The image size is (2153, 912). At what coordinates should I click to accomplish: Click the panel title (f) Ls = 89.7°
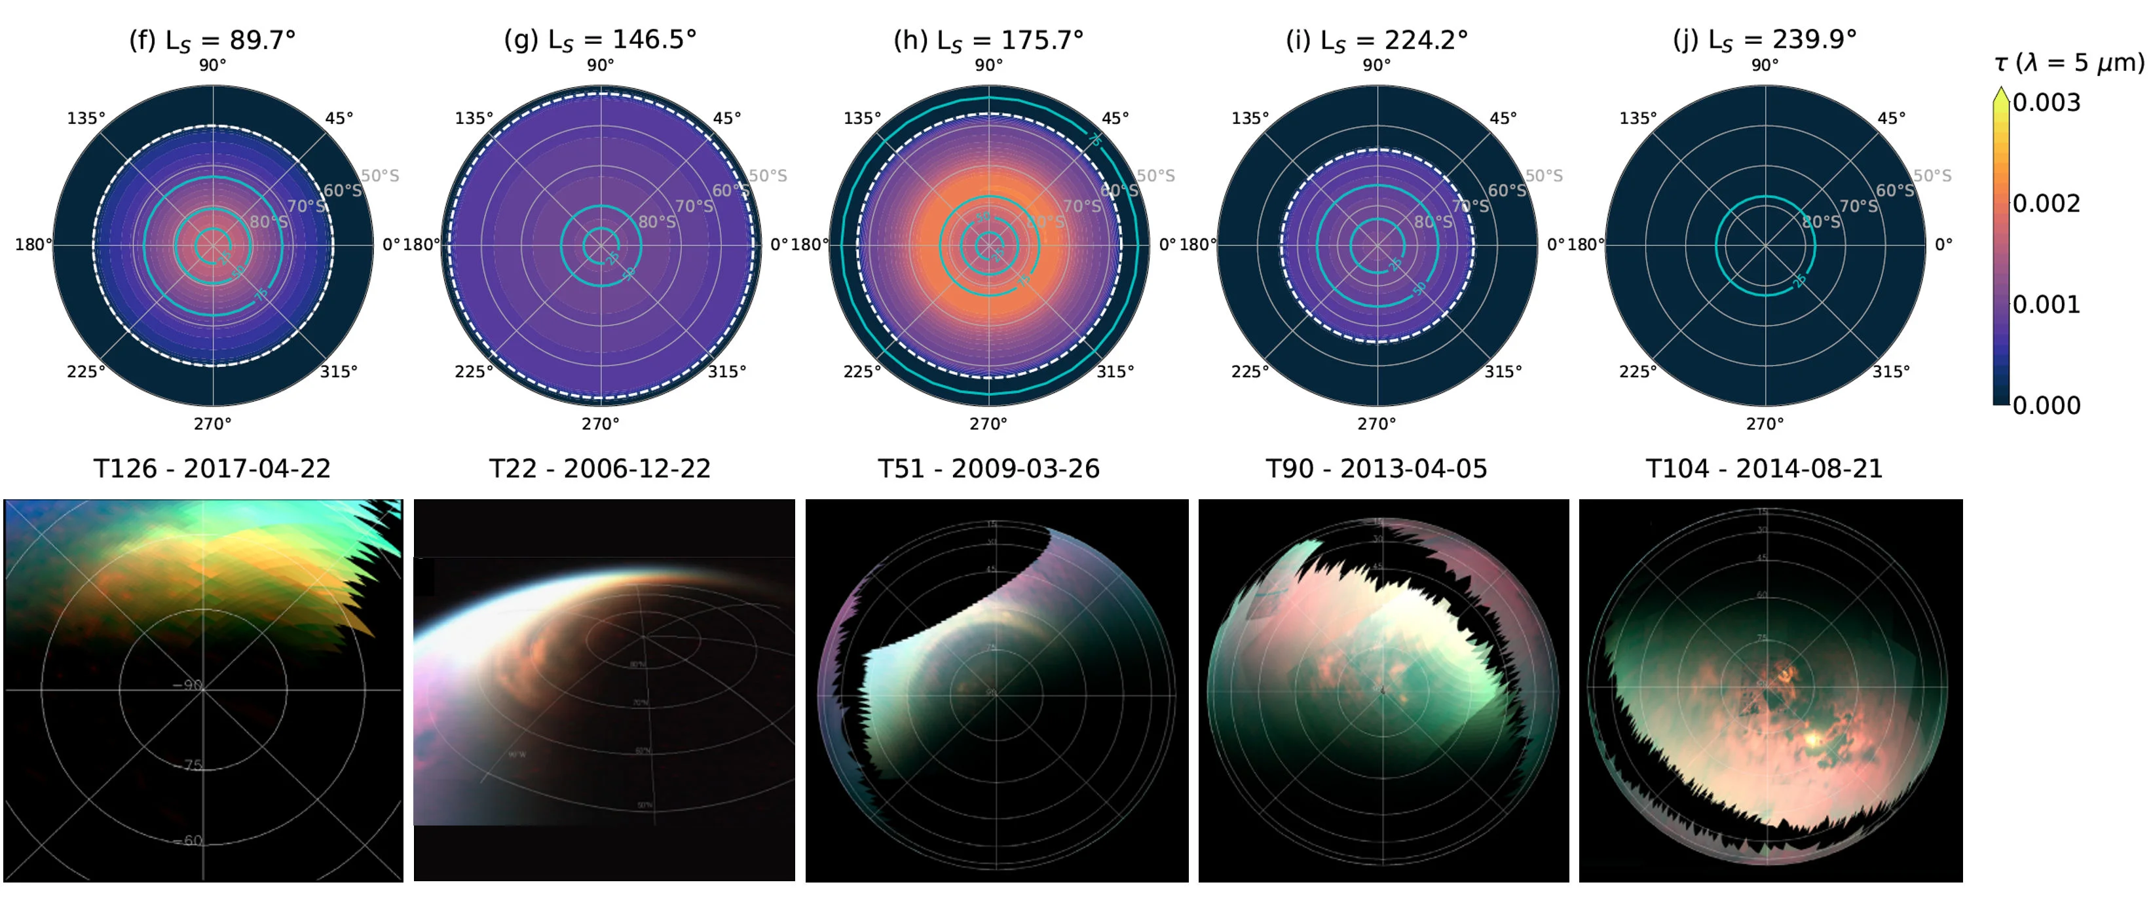click(212, 39)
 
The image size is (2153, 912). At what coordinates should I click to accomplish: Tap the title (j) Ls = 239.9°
click(1765, 39)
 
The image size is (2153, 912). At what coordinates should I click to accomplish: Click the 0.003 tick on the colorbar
click(2046, 103)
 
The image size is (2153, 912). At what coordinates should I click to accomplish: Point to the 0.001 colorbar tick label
click(2046, 304)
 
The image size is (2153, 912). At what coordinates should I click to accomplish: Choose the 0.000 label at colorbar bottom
click(2046, 406)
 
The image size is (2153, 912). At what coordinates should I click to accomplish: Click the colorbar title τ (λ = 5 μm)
click(2069, 63)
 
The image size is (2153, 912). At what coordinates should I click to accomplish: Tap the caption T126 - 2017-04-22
click(212, 469)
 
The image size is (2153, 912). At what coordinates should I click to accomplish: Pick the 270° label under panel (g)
click(600, 424)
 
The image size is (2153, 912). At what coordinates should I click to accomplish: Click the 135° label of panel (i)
click(1250, 119)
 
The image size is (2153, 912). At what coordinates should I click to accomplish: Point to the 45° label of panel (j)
click(1892, 119)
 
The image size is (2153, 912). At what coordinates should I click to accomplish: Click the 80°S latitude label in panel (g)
click(657, 221)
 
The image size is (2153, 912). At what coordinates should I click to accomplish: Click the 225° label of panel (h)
click(862, 371)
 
